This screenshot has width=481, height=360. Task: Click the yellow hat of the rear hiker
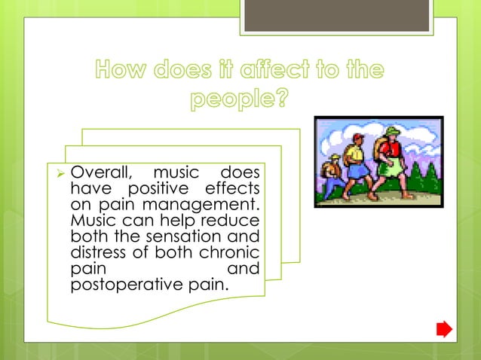pos(335,159)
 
